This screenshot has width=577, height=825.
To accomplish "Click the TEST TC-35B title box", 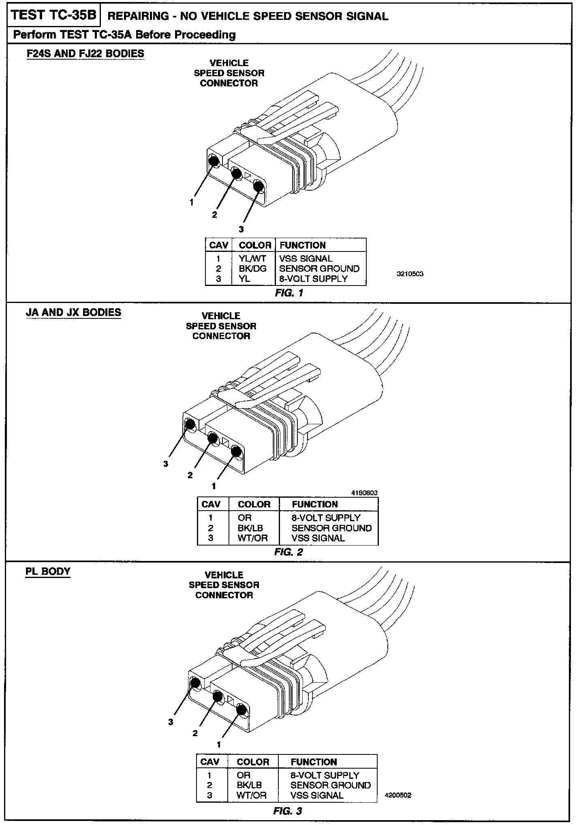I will click(x=53, y=15).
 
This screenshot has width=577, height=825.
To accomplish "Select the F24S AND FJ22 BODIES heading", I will click(x=85, y=54).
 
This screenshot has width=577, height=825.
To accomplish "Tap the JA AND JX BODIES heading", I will click(x=73, y=312).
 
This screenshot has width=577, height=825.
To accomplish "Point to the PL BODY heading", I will click(x=48, y=571).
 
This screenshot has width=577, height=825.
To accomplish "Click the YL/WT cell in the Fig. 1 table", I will click(x=252, y=259).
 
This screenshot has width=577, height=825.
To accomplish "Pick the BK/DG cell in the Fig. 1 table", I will click(x=252, y=269).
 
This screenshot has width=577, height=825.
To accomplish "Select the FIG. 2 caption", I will click(x=288, y=552).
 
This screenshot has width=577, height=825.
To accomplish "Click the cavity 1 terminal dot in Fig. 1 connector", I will click(x=214, y=161).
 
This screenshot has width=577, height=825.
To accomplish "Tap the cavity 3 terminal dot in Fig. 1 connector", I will click(x=258, y=186).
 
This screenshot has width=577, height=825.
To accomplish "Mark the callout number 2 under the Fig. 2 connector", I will click(x=190, y=475).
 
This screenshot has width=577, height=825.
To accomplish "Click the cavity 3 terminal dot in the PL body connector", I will click(x=195, y=683).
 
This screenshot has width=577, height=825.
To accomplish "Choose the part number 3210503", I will click(x=410, y=274).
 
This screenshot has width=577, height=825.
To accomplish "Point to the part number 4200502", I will click(x=398, y=796).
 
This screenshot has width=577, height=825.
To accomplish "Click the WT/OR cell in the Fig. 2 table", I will click(x=253, y=538).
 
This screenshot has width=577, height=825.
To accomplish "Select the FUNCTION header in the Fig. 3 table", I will click(x=314, y=762).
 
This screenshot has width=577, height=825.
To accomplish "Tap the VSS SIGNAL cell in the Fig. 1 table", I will click(x=306, y=259).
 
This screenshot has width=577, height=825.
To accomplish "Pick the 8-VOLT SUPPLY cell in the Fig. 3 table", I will click(x=325, y=776).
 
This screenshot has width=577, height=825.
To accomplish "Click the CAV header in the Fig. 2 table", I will click(x=211, y=505).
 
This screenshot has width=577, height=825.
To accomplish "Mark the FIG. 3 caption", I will click(x=288, y=811).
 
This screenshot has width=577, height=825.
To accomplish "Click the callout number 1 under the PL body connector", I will click(x=219, y=745).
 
